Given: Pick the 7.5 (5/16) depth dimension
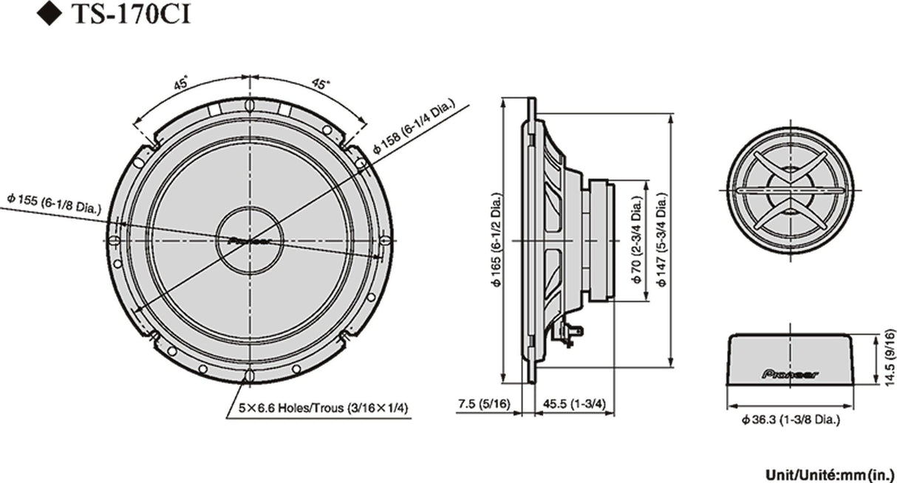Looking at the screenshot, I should click(x=484, y=404).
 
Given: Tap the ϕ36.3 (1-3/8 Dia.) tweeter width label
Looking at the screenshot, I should click(x=791, y=420).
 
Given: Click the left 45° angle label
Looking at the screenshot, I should click(x=180, y=83).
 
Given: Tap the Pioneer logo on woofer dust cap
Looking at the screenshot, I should click(x=250, y=240).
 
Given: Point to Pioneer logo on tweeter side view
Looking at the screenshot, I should click(x=790, y=374).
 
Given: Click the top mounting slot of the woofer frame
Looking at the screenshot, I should click(x=250, y=105).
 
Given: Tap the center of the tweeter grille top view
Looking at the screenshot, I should click(x=790, y=190).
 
